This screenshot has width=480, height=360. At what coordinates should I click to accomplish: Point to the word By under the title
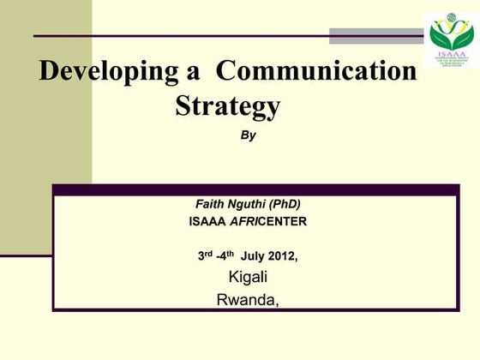248,135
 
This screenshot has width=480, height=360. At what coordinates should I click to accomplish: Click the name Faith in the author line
210,204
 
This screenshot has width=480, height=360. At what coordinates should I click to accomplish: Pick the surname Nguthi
249,204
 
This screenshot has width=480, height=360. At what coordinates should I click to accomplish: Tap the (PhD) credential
286,204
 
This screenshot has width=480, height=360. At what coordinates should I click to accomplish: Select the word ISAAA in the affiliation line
207,221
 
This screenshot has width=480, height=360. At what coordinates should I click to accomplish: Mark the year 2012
284,255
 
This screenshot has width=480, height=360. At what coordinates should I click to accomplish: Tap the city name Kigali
248,277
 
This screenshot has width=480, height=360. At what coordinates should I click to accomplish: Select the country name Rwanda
248,299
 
